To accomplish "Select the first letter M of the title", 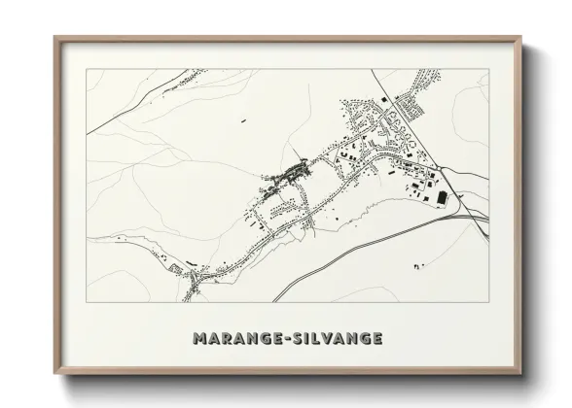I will (x=199, y=339).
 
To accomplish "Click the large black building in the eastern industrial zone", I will (x=444, y=197).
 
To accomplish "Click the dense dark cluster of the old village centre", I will (x=293, y=174).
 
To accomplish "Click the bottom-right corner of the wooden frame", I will (x=520, y=374).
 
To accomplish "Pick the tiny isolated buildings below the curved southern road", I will (x=419, y=264).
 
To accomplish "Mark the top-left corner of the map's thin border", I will (x=87, y=69).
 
